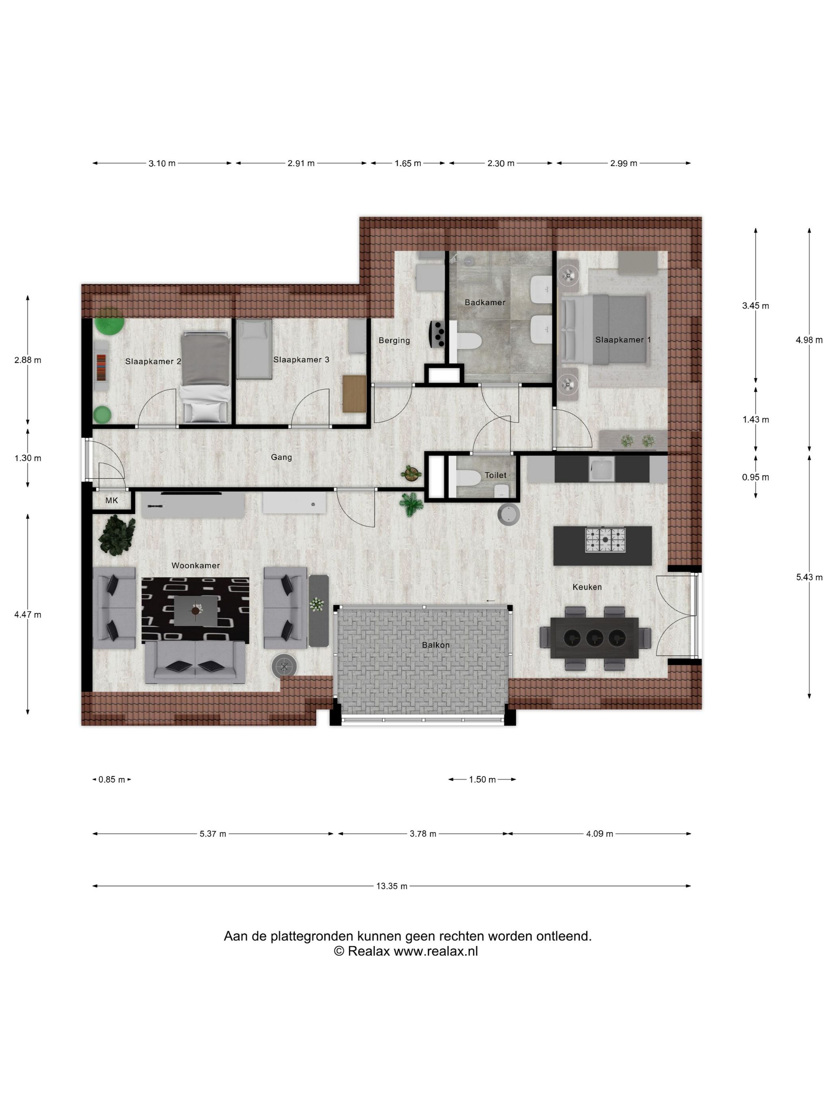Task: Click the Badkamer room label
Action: (484, 302)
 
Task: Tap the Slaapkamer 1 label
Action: (623, 340)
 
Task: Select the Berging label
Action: (394, 340)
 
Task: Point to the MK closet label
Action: (112, 500)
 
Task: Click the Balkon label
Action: (435, 645)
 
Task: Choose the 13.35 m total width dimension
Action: (391, 886)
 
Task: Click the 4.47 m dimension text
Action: (28, 614)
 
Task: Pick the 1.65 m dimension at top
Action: (408, 163)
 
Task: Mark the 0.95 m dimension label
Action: (755, 477)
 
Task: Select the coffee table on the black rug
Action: (196, 611)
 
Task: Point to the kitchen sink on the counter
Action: (601, 469)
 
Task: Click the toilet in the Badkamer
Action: (467, 342)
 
